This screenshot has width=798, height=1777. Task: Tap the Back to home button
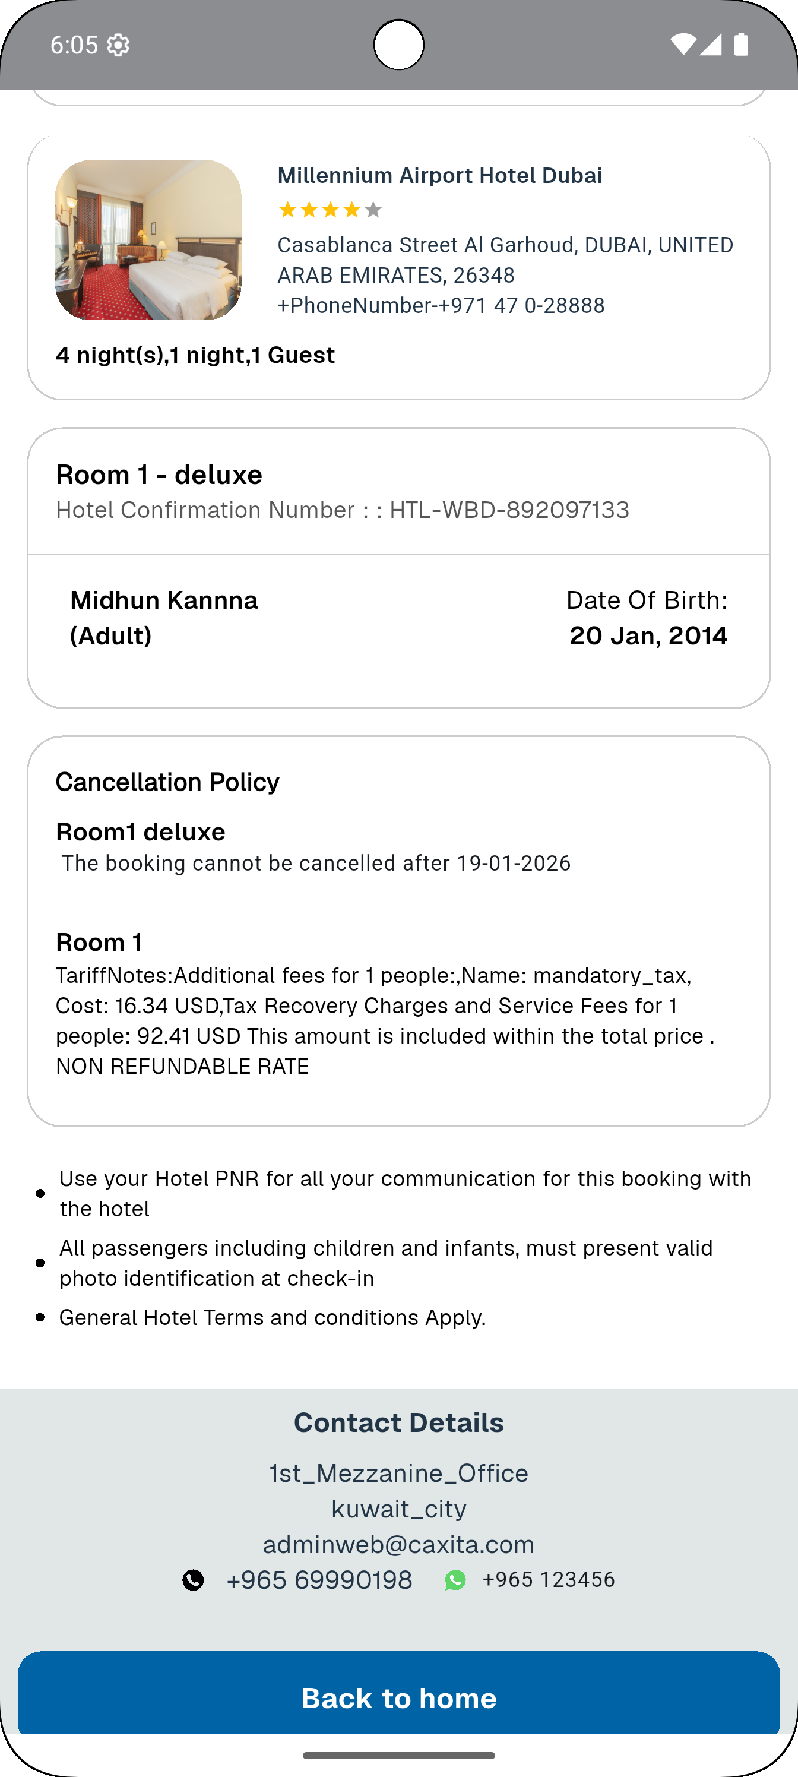[x=398, y=1697]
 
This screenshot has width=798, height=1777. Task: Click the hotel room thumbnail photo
[x=148, y=240]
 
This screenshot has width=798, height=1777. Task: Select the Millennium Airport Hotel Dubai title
[x=439, y=175]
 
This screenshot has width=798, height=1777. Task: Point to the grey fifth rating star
[x=373, y=210]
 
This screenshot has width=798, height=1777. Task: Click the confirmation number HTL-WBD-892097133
[x=509, y=510]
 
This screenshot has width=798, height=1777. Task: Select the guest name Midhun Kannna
[x=164, y=600]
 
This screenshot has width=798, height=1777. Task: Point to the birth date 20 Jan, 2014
[x=648, y=635]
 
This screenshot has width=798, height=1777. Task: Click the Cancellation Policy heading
[x=167, y=782]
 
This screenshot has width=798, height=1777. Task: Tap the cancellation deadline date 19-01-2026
[x=514, y=864]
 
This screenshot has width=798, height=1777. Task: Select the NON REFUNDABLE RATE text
[x=183, y=1067]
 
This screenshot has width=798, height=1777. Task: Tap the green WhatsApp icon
[x=455, y=1580]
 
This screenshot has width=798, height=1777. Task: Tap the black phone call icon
[x=193, y=1580]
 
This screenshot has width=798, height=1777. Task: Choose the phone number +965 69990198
[x=319, y=1580]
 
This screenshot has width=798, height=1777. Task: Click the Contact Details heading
[x=398, y=1422]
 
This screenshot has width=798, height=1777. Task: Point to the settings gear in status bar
[x=119, y=45]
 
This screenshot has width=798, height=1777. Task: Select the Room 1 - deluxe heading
[x=159, y=475]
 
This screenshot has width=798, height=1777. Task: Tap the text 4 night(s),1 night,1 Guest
[x=195, y=355]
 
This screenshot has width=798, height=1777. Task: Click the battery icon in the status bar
[x=742, y=44]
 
